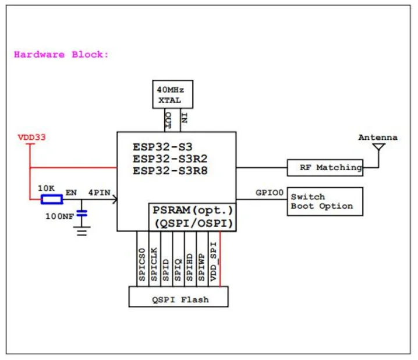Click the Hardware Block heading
(x=61, y=55)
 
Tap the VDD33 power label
(x=32, y=138)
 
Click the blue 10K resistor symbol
(x=51, y=200)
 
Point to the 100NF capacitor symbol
(x=83, y=214)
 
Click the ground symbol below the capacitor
(x=83, y=231)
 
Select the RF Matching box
(x=324, y=168)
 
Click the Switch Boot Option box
(x=324, y=202)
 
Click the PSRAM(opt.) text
(x=192, y=210)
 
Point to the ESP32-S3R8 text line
(x=170, y=171)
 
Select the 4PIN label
(x=100, y=191)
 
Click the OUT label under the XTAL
(x=167, y=121)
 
